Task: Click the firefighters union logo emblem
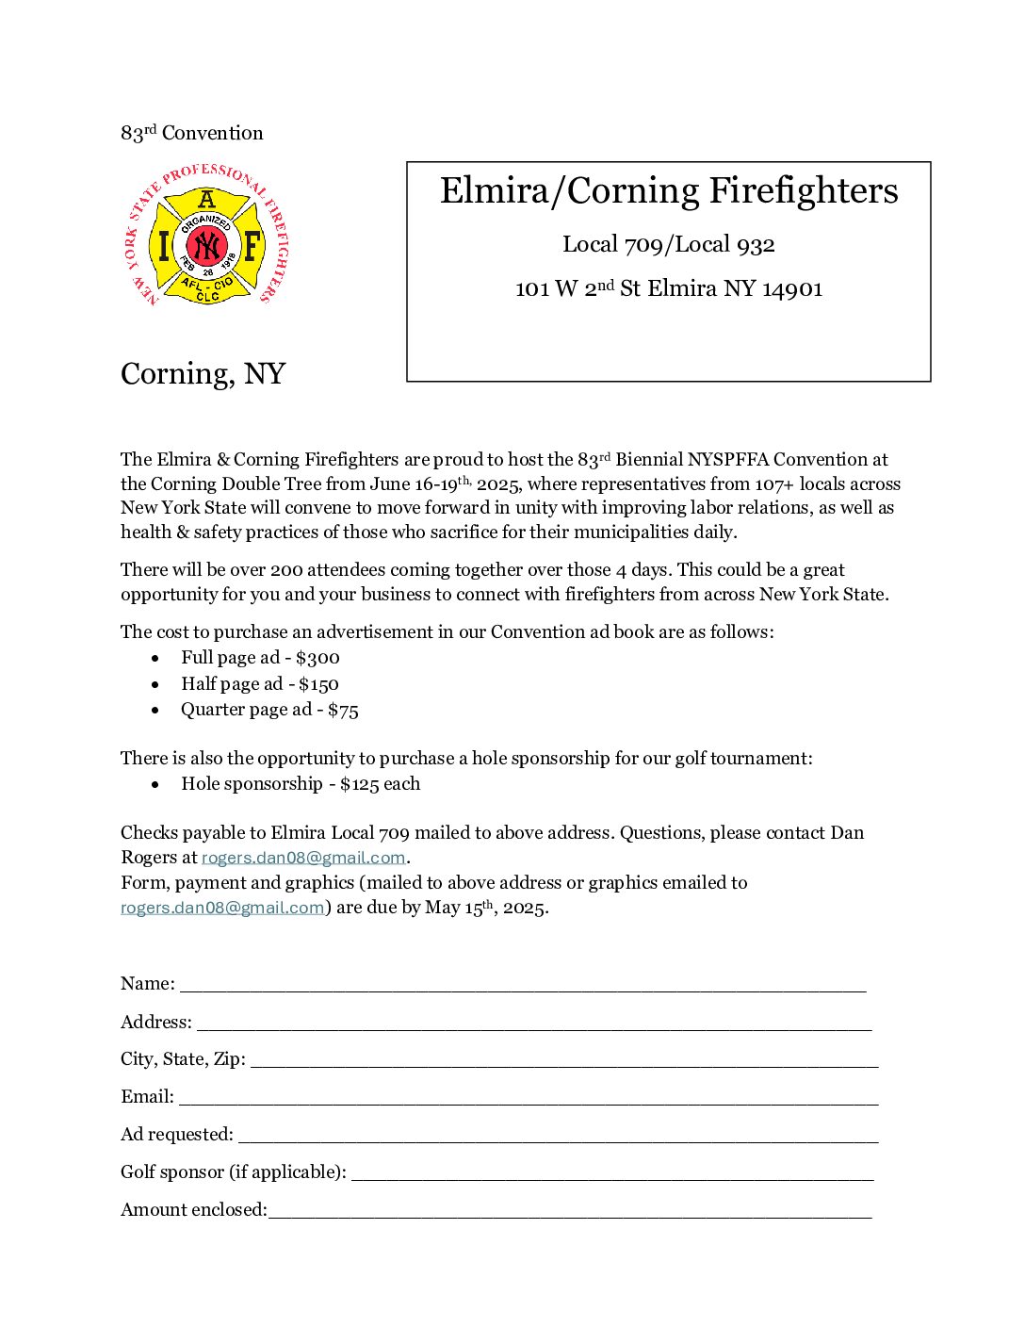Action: (x=206, y=237)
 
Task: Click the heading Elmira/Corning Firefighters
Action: (x=669, y=190)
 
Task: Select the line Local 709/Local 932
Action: (x=669, y=245)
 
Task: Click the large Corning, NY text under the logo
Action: (x=203, y=374)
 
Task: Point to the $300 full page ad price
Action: (x=317, y=658)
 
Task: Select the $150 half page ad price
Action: (x=318, y=684)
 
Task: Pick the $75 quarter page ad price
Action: (x=343, y=710)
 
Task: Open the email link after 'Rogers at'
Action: (x=303, y=858)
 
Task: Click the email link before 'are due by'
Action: (x=222, y=908)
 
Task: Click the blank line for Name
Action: (x=523, y=985)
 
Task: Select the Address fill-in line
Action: (x=534, y=1024)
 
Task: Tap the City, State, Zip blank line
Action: (x=564, y=1060)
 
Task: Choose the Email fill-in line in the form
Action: (x=529, y=1098)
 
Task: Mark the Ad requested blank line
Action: (x=558, y=1136)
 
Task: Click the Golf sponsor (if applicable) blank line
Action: (x=612, y=1173)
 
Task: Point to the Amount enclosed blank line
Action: (x=570, y=1211)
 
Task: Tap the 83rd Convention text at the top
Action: (x=192, y=133)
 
